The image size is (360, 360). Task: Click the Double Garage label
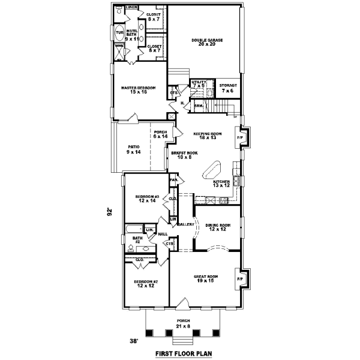[207, 43]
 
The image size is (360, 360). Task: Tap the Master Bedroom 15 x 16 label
[138, 91]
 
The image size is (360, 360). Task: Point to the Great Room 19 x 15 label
[205, 278]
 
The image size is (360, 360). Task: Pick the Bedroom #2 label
[146, 284]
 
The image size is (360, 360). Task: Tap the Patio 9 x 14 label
[134, 150]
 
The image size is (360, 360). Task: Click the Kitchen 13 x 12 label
[221, 183]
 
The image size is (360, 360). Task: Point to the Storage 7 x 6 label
[227, 88]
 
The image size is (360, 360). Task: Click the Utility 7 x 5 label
[199, 84]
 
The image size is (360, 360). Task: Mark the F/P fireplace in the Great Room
[241, 279]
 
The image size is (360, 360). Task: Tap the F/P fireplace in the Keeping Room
[241, 137]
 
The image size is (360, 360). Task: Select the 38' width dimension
[136, 341]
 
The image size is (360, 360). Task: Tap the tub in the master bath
[119, 32]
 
